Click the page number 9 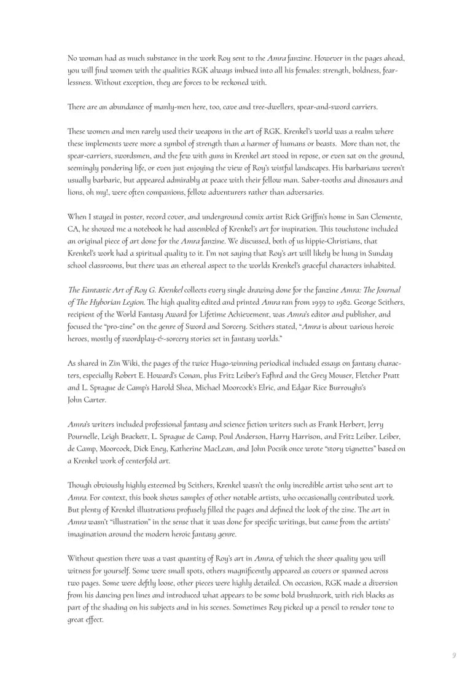click(x=454, y=655)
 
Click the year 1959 click(x=316, y=301)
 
